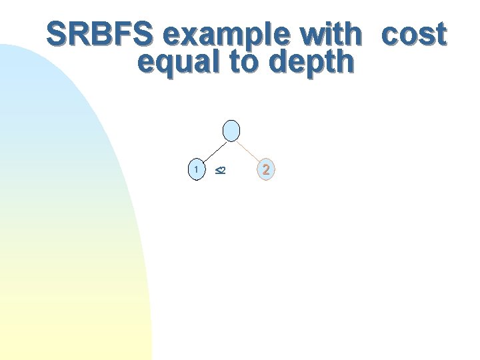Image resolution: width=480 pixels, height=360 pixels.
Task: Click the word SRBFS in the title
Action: tap(106, 34)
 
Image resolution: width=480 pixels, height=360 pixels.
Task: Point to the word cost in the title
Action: tap(413, 35)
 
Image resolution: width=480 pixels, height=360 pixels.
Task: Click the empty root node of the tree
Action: tap(231, 131)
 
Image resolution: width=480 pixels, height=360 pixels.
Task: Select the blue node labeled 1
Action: tap(195, 169)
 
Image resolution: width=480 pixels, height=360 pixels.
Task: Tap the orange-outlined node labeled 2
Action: tap(266, 169)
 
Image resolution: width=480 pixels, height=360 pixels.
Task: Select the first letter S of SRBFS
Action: tap(58, 34)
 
